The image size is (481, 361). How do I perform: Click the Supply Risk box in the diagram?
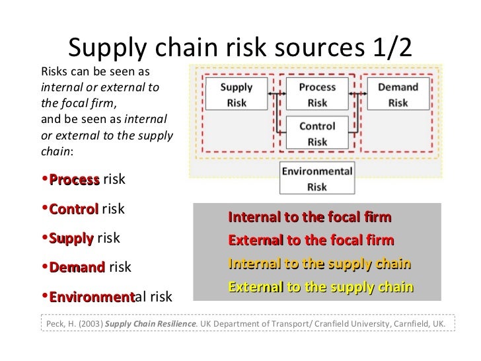[237, 95]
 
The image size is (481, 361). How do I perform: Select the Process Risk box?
[317, 95]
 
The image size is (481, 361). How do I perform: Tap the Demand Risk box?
[398, 95]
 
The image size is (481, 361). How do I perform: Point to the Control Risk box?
[317, 134]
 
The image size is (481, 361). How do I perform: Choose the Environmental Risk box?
[317, 178]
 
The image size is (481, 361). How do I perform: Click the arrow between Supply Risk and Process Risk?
[277, 94]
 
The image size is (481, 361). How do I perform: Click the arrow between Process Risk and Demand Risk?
[357, 94]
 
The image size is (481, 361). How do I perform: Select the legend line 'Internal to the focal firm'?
[309, 218]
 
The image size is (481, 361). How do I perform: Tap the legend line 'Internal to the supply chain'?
[319, 264]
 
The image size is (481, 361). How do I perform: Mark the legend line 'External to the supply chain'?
[320, 287]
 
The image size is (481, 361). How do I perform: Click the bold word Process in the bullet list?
[74, 180]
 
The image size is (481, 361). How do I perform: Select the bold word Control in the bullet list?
[73, 209]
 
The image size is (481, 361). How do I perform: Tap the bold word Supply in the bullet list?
[71, 238]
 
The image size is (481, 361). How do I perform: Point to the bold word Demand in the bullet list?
[77, 267]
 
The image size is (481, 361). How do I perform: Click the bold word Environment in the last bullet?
[91, 297]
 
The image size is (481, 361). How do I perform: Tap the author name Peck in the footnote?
[56, 324]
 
